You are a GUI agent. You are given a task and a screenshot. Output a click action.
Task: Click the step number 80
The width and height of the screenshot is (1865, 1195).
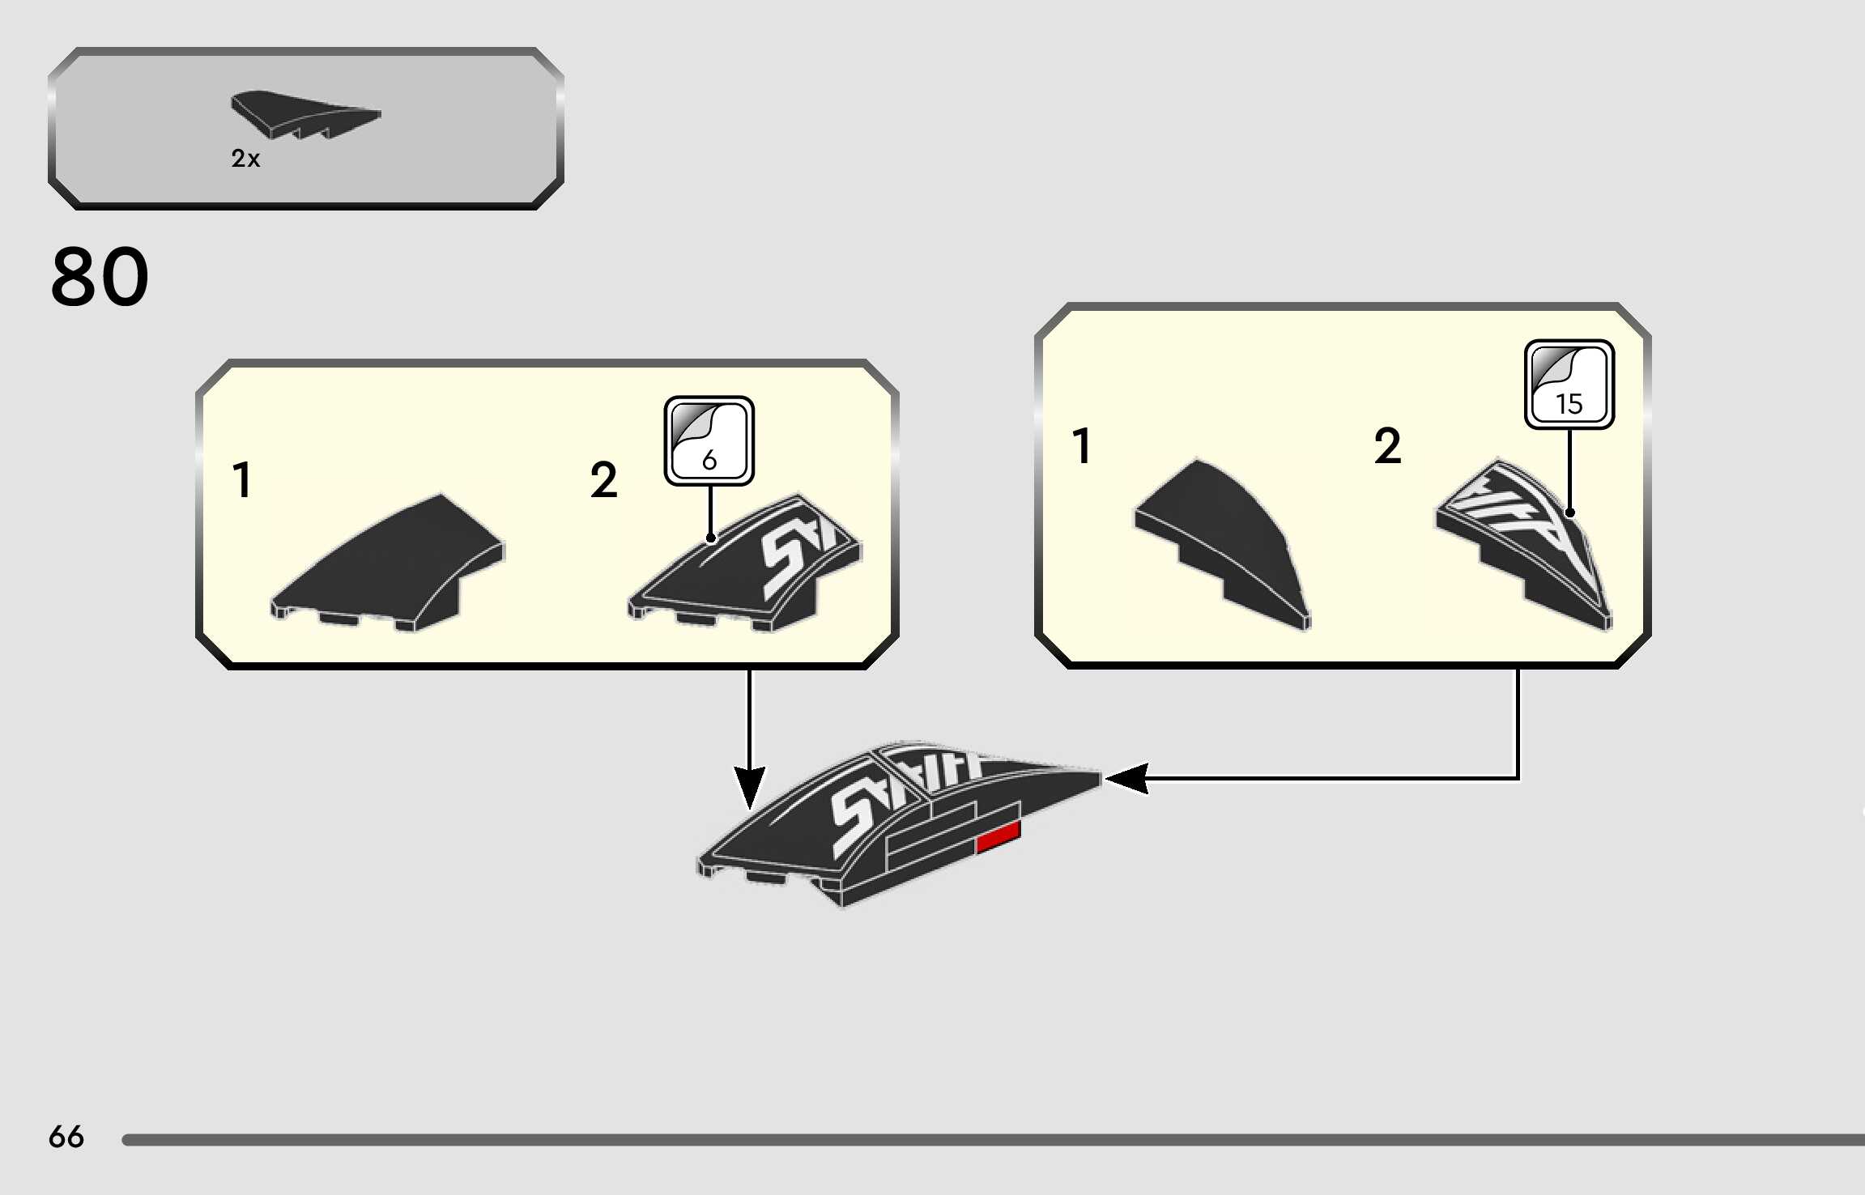click(100, 277)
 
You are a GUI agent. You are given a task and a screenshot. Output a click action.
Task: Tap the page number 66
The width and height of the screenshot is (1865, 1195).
click(66, 1137)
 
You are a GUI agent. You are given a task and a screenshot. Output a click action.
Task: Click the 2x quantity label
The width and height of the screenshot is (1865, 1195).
click(245, 158)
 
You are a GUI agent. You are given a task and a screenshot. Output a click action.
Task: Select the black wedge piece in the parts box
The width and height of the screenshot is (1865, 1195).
click(303, 114)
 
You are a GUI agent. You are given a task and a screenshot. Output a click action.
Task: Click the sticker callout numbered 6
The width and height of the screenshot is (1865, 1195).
click(709, 441)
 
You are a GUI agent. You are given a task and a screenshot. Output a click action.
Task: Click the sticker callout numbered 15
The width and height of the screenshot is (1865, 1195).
click(1569, 385)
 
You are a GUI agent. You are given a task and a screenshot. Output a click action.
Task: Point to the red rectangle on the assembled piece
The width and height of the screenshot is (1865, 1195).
click(998, 837)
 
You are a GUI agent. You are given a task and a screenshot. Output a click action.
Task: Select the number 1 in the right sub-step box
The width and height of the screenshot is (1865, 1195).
click(1082, 446)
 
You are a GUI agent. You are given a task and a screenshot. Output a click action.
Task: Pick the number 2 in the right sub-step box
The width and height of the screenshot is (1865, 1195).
click(1387, 446)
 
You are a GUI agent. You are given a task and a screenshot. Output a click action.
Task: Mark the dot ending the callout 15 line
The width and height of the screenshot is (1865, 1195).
click(1569, 512)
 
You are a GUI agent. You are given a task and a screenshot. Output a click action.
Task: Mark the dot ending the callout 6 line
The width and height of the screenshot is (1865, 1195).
click(710, 538)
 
